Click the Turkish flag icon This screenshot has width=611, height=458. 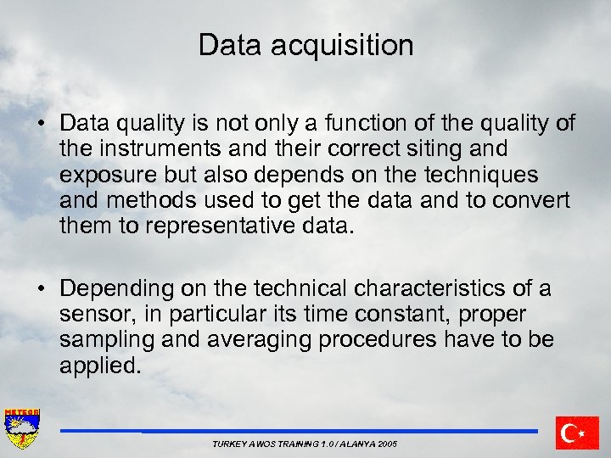pos(578,433)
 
